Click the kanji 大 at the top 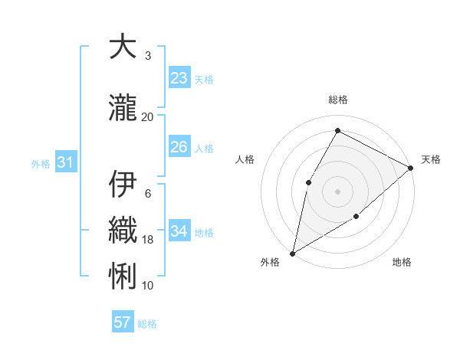[123, 47]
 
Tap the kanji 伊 [123, 184]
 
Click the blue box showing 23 [179, 78]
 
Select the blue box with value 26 [179, 147]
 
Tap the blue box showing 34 [179, 231]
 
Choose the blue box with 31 [65, 162]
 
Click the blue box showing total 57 [123, 322]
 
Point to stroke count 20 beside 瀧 [148, 116]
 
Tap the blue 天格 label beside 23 [204, 80]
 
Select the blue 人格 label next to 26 [204, 149]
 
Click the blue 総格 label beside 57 [147, 324]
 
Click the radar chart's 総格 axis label [337, 100]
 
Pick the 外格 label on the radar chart [270, 262]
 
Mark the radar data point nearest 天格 [411, 169]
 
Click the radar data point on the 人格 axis [308, 182]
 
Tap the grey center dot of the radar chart [337, 191]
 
